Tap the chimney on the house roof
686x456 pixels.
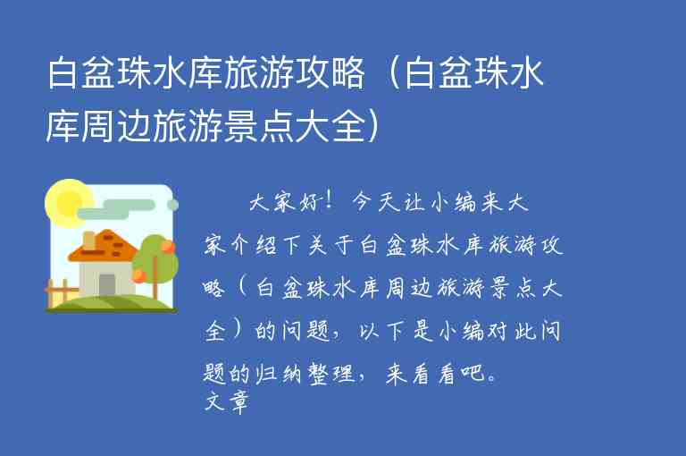pos(89,240)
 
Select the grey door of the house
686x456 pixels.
pos(107,284)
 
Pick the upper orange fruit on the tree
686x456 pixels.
pos(166,246)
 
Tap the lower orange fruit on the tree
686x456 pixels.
pos(139,275)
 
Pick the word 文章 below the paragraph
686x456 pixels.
pos(225,401)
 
